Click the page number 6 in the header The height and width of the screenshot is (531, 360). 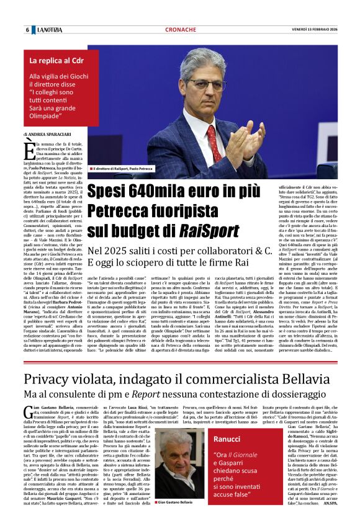coord(27,30)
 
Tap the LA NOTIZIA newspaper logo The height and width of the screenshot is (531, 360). coord(50,30)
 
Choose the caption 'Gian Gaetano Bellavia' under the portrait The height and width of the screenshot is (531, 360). coord(176,502)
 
